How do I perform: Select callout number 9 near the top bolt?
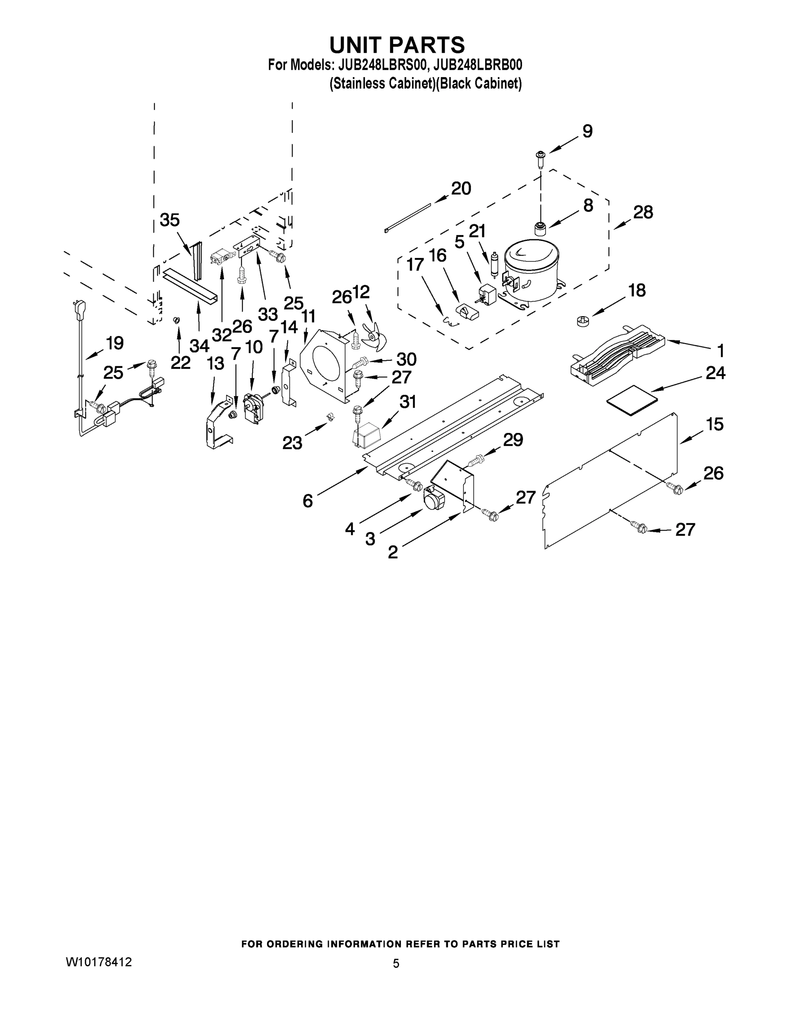coord(587,132)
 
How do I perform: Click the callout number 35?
coord(169,219)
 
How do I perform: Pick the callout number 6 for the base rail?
coord(307,501)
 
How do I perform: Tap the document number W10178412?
coord(99,962)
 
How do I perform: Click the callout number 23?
coord(292,442)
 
